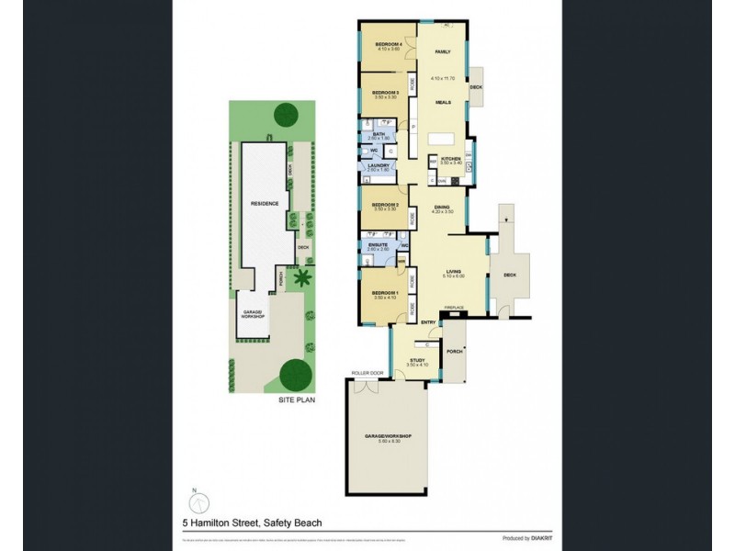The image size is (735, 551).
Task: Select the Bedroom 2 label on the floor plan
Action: [x=383, y=205]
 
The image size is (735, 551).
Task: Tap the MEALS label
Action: [x=442, y=103]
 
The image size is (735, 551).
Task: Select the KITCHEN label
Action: [x=450, y=159]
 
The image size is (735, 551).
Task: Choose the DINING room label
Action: [x=442, y=208]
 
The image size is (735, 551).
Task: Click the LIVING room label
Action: [x=453, y=272]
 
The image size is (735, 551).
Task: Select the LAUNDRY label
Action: [x=379, y=166]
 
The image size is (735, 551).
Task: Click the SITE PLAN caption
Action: [x=292, y=400]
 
